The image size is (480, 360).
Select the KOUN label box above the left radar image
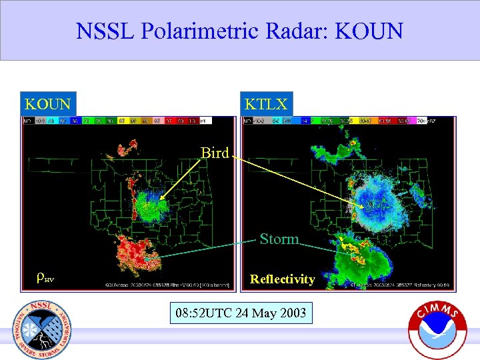coord(48,104)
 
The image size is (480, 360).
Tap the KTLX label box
coord(266,104)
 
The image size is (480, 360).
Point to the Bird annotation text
coord(215,153)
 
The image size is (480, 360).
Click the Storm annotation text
coord(279,239)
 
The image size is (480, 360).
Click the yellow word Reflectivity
coord(282,279)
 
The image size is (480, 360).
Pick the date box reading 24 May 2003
coord(239,312)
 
